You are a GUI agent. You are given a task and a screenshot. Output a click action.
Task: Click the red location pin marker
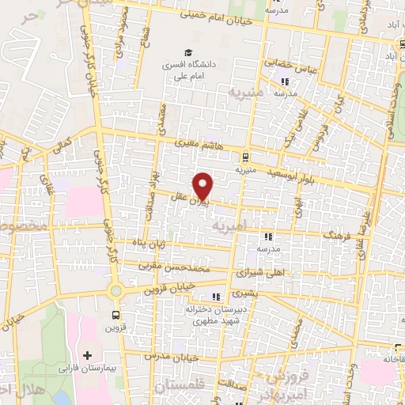(204, 186)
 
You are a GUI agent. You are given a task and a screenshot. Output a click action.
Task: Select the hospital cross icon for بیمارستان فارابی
(87, 355)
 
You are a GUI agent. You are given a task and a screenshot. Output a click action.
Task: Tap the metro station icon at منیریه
(246, 156)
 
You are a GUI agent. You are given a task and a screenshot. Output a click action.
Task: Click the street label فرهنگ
(337, 235)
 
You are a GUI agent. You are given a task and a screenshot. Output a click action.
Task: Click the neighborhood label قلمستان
(182, 388)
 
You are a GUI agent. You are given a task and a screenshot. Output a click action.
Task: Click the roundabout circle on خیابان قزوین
(116, 291)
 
